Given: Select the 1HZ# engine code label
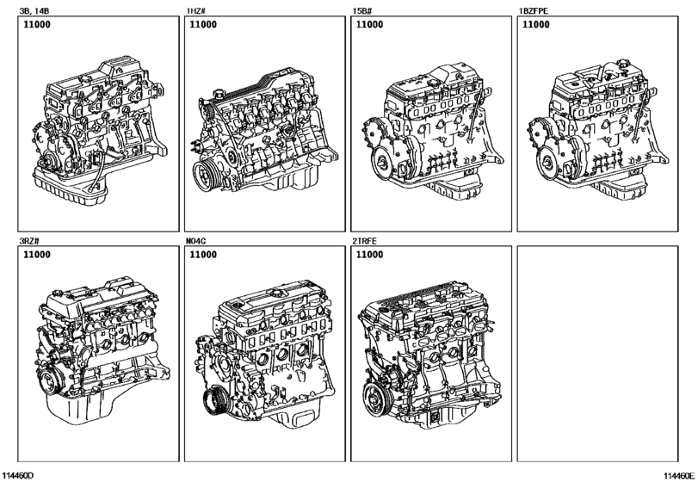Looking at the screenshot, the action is pyautogui.click(x=196, y=10).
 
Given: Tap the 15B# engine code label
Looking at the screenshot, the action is pyautogui.click(x=361, y=10).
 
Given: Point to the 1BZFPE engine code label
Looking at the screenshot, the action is pyautogui.click(x=534, y=10).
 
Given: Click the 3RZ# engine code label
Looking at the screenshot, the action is pyautogui.click(x=29, y=241).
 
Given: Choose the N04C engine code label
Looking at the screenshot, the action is pyautogui.click(x=196, y=241).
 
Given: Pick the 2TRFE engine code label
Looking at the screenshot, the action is pyautogui.click(x=365, y=241).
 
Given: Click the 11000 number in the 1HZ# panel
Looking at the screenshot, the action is pyautogui.click(x=203, y=24).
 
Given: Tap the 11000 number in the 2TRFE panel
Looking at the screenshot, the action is pyautogui.click(x=369, y=255).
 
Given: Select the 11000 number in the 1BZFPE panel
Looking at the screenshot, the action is pyautogui.click(x=536, y=24).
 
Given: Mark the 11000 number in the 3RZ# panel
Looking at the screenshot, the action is pyautogui.click(x=36, y=255).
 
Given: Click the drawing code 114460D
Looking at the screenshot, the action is pyautogui.click(x=17, y=475).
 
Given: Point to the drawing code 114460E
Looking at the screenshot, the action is pyautogui.click(x=679, y=475).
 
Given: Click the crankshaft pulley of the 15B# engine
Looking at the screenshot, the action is pyautogui.click(x=383, y=164).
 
